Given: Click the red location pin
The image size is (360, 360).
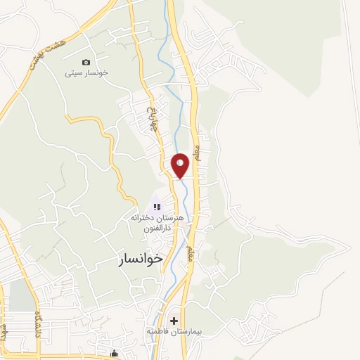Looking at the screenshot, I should [x=181, y=166].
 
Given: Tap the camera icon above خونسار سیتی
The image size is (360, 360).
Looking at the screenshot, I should [x=86, y=63].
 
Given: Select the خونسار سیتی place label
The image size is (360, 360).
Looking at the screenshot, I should [x=86, y=73].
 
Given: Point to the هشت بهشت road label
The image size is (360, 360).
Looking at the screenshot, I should [x=41, y=54].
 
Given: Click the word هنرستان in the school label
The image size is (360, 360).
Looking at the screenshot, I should [x=171, y=218].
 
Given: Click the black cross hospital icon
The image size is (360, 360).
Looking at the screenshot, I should [x=174, y=321].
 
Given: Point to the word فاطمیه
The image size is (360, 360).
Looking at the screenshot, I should [x=155, y=330].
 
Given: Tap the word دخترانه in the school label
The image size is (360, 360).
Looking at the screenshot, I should [x=141, y=218].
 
